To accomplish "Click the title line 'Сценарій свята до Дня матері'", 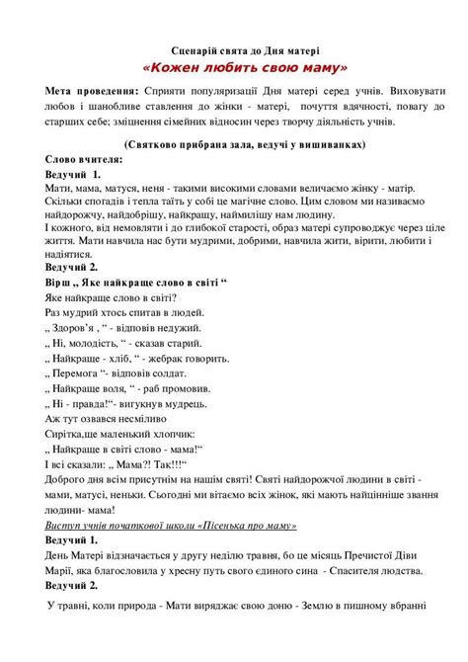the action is tap(234, 48).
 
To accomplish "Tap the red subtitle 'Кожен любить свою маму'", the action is tap(234, 68).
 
